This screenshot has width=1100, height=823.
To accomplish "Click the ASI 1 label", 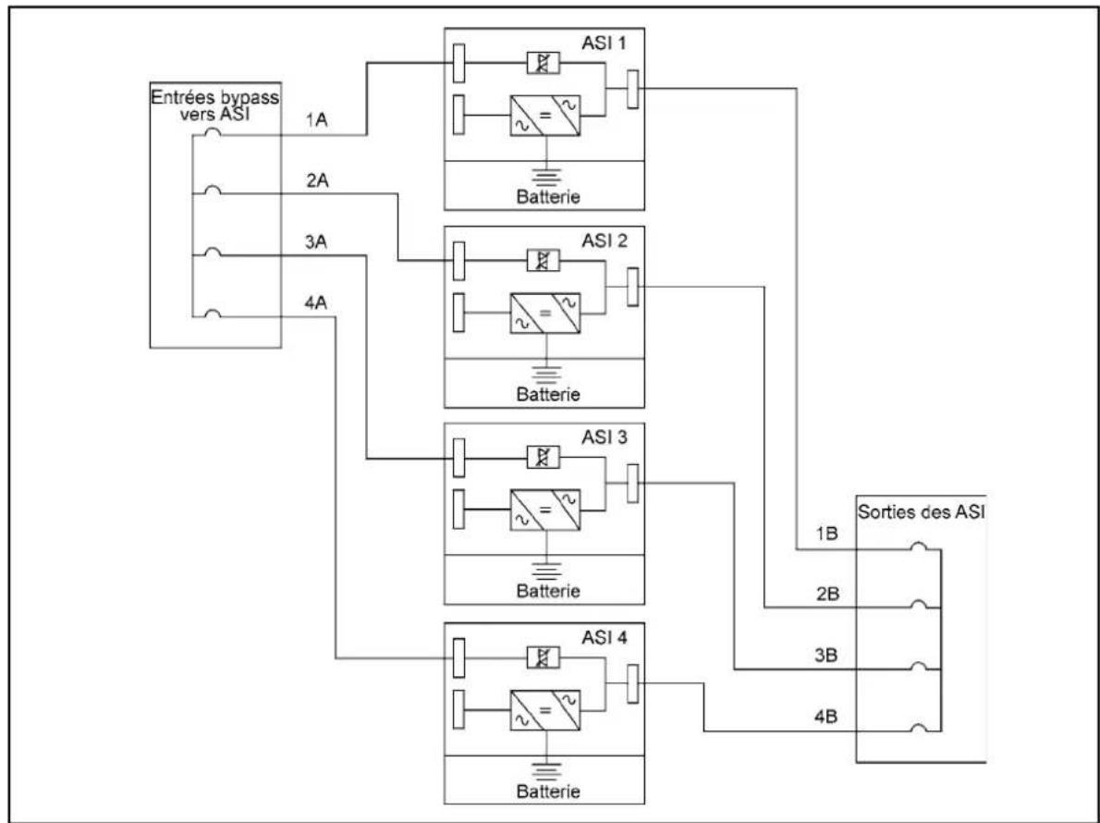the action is tap(604, 43).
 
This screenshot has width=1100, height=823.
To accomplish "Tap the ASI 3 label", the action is tap(604, 437).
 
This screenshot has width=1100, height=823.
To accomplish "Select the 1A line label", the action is tap(316, 120).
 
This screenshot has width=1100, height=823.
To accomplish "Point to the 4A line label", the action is tap(316, 303).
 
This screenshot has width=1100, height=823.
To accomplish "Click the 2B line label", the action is tap(828, 595).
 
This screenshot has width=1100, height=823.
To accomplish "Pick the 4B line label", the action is tap(826, 717).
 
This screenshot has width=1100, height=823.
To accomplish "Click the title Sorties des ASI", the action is tap(921, 511).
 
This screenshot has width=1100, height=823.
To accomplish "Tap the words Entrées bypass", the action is tap(214, 97).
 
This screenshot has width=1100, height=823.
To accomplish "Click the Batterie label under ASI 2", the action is tap(548, 394).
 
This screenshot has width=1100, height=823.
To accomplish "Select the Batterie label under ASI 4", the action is tap(548, 792).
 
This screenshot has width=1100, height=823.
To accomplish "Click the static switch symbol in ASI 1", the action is tap(543, 63).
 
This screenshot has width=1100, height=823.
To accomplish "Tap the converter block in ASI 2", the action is tap(545, 313).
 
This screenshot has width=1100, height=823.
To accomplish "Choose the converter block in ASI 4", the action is tap(545, 710).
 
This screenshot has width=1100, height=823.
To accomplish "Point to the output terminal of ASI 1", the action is tap(633, 89).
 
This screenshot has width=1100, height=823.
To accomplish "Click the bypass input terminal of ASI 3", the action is tap(458, 458).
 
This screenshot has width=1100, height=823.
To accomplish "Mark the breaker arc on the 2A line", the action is tap(214, 190).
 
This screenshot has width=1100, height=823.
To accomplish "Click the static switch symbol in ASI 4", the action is tap(543, 657).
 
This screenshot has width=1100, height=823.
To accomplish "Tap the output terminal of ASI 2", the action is tap(633, 287).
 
